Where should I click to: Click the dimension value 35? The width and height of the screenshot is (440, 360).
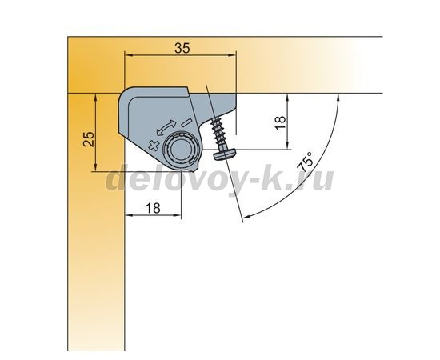click(x=182, y=48)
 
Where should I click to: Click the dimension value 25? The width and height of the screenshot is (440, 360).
click(x=90, y=138)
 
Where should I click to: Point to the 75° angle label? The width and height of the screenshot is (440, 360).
click(x=305, y=162)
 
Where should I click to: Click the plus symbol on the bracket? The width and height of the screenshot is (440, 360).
click(x=154, y=146)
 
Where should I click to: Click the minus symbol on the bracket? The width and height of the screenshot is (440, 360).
click(x=186, y=122)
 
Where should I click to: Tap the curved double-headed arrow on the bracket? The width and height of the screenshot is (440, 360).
click(x=166, y=128)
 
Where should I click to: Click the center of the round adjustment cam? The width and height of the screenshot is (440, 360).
click(x=181, y=150)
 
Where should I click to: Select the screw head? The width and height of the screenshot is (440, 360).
click(x=226, y=154)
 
